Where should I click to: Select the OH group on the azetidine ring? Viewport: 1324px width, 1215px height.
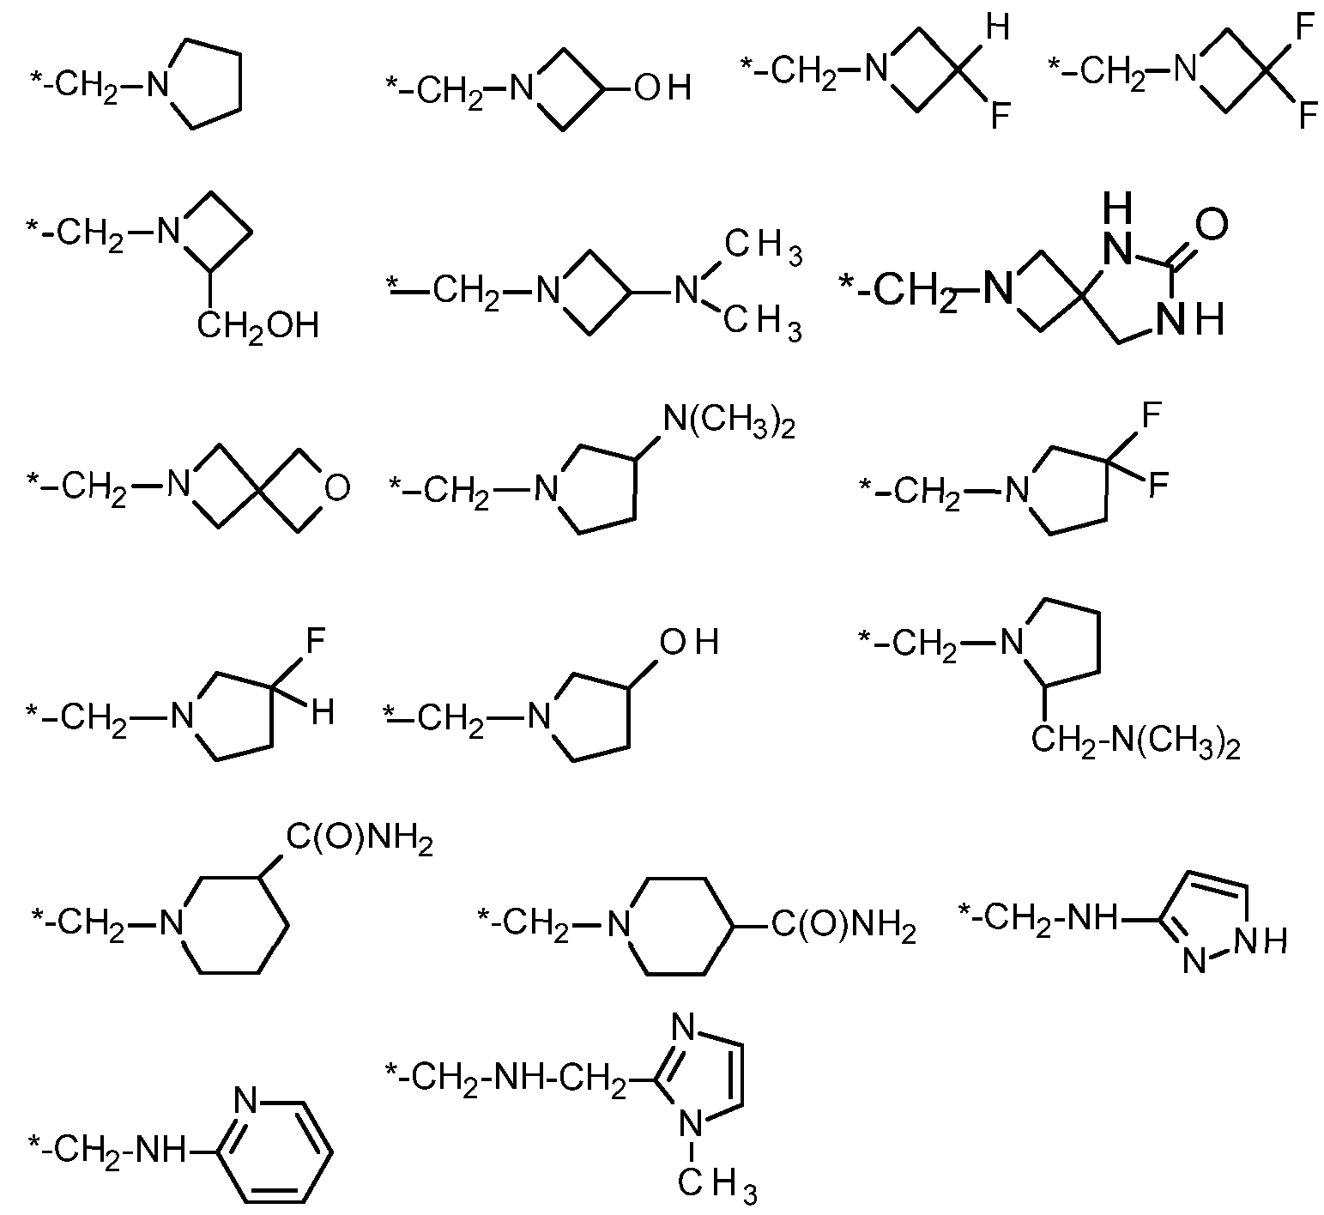tap(662, 88)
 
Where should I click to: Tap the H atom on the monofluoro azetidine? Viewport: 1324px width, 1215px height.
tap(997, 27)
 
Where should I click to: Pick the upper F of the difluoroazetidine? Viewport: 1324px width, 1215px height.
tap(1306, 27)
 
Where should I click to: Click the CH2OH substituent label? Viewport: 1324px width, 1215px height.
tap(258, 326)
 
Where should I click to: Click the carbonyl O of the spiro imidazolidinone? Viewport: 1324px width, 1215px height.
tap(1209, 225)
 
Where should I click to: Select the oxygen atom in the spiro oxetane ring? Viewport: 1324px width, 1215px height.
tap(336, 488)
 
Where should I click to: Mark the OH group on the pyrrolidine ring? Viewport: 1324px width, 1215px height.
tap(688, 643)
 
